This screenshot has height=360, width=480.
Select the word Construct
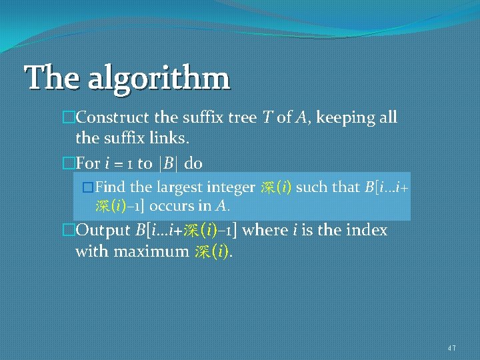[x=113, y=118]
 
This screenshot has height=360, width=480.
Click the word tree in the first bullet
[x=239, y=118]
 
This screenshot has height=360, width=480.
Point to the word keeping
[x=343, y=118]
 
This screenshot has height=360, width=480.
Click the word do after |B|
[x=194, y=163]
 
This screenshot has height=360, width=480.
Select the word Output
[x=103, y=231]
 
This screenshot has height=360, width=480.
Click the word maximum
[x=151, y=252]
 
